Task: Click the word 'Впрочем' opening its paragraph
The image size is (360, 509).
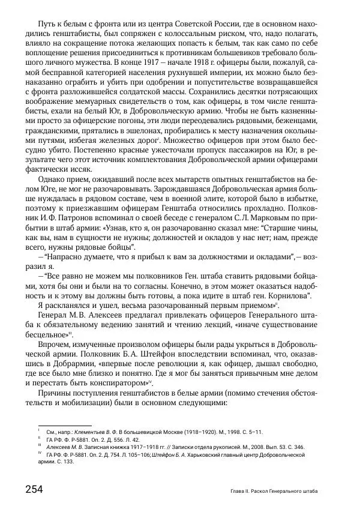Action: coord(55,342)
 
